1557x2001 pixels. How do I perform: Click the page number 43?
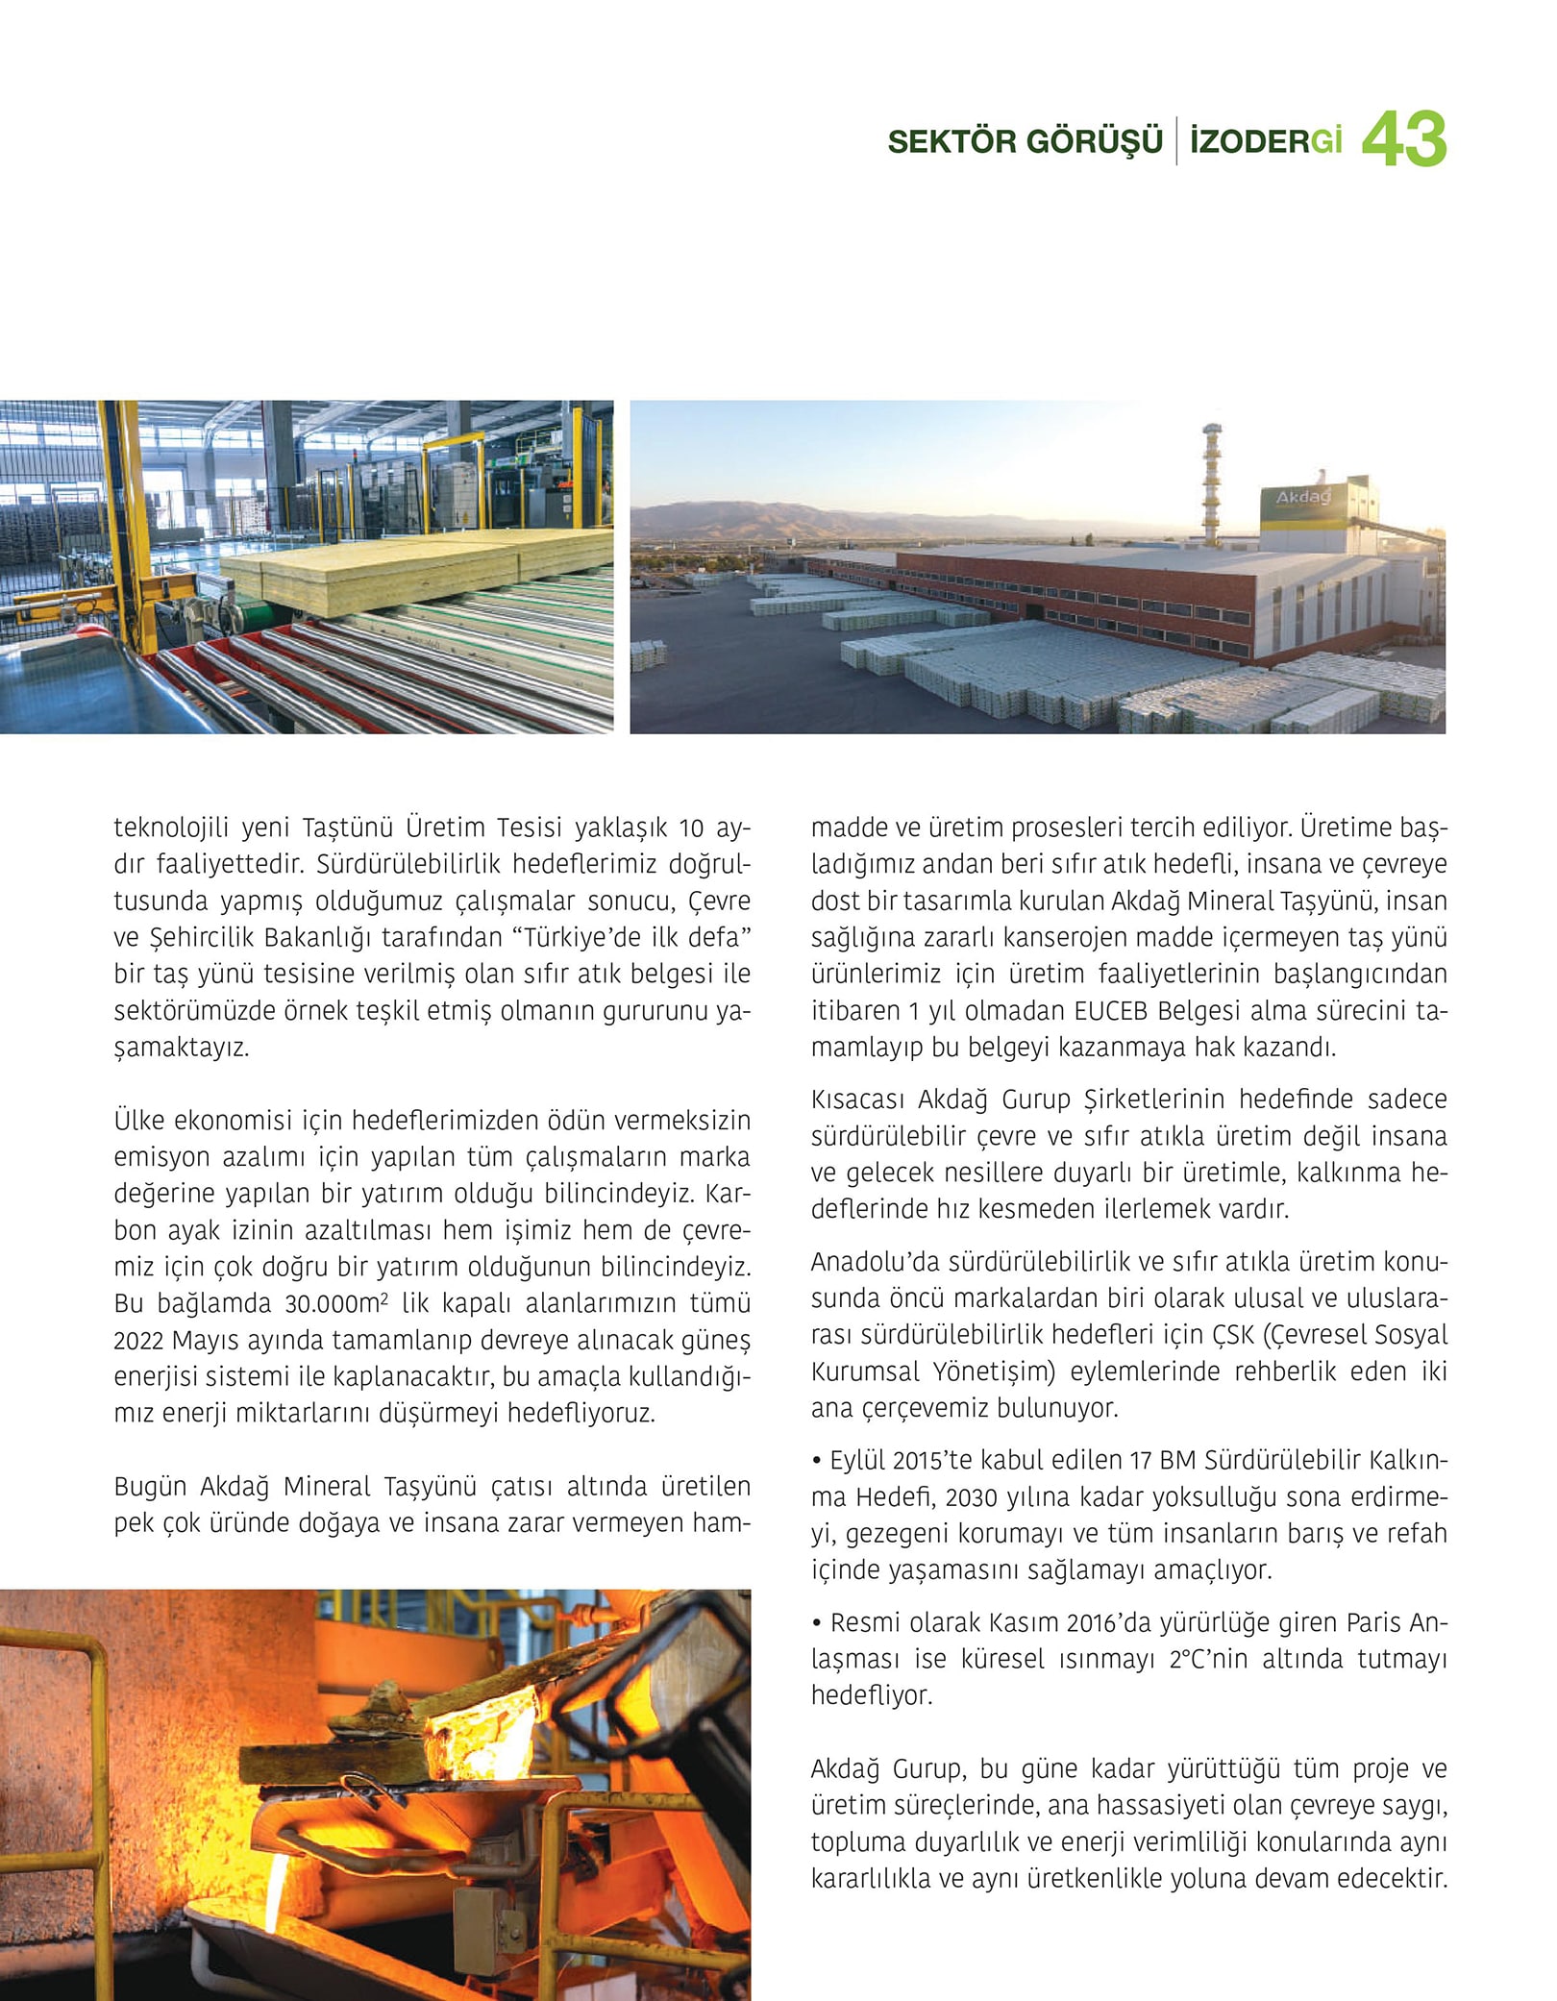(x=1403, y=140)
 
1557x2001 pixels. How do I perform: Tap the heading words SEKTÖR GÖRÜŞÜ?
(x=1025, y=142)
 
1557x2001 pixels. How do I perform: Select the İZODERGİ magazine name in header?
(x=1265, y=142)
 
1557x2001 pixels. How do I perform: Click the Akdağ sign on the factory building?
(x=1302, y=498)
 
